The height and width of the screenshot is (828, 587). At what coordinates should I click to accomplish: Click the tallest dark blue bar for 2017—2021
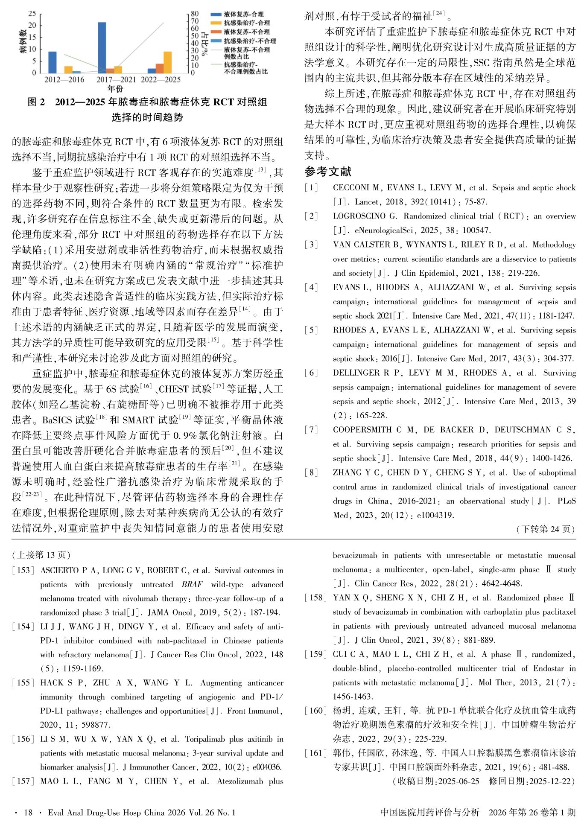click(102, 47)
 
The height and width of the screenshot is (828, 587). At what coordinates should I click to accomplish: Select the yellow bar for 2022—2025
click(167, 62)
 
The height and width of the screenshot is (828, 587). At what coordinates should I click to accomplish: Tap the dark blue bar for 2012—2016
click(52, 62)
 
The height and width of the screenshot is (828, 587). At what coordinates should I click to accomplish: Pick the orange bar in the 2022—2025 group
click(159, 68)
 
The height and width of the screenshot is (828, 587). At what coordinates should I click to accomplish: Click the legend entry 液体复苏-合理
click(244, 14)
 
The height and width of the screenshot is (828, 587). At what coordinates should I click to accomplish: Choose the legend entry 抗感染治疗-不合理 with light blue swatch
click(250, 41)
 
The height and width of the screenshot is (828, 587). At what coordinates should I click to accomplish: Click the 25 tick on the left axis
click(32, 14)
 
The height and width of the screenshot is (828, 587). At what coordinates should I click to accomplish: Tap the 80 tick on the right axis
click(195, 14)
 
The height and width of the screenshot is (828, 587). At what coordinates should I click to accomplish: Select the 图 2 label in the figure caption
click(36, 102)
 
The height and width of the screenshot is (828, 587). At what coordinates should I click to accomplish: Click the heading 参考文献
click(328, 172)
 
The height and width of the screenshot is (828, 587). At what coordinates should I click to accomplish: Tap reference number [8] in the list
click(311, 472)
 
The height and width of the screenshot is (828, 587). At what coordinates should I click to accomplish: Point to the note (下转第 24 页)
click(546, 529)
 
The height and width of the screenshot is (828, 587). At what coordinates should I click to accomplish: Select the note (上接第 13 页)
click(41, 555)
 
